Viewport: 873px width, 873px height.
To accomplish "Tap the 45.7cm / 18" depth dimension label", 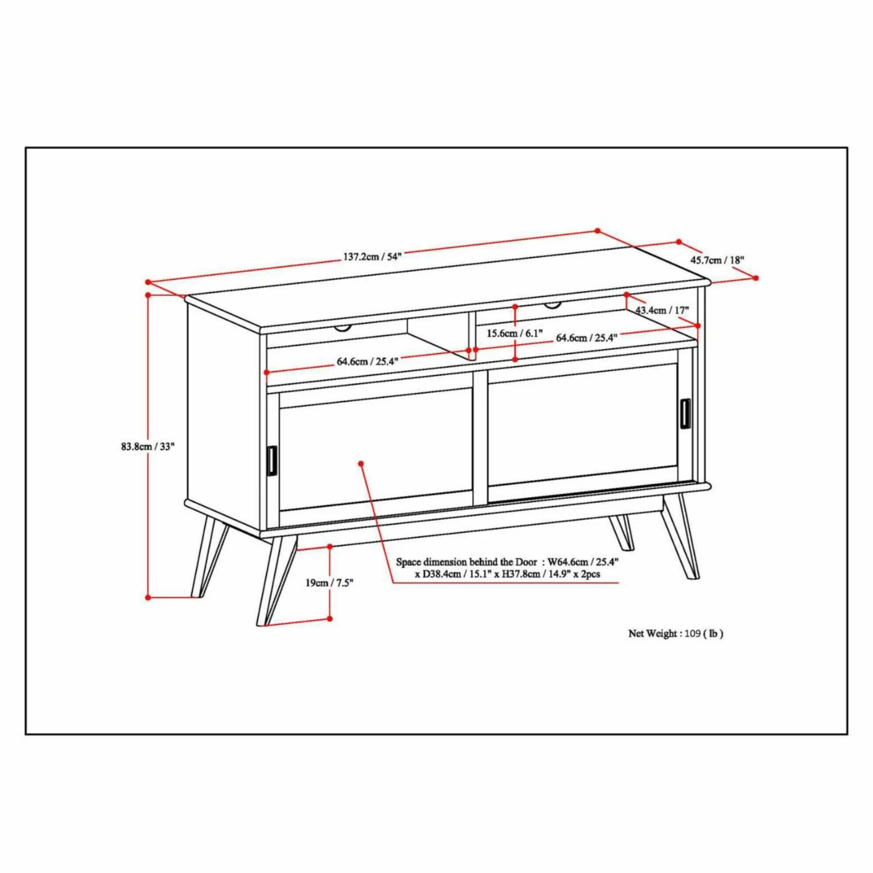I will tap(717, 260).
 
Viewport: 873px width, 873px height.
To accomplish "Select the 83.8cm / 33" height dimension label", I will tap(148, 446).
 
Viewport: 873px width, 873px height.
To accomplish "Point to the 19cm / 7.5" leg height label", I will tap(329, 583).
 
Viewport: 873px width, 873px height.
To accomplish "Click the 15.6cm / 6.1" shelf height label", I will tap(514, 334).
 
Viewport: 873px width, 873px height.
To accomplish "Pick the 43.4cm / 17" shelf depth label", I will tap(662, 310).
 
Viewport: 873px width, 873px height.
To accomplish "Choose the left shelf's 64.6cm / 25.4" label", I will tap(367, 361).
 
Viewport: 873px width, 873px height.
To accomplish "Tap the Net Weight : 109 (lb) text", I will tap(675, 634).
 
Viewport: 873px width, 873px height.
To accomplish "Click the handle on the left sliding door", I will tap(272, 461).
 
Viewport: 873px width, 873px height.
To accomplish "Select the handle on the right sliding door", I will tap(685, 413).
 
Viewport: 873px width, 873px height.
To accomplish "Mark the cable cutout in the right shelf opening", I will tap(552, 306).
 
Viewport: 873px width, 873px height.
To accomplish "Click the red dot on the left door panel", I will tap(361, 463).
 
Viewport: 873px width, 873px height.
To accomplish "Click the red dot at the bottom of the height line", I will tap(148, 597).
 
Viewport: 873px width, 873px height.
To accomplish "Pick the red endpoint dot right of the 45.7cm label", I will tap(756, 278).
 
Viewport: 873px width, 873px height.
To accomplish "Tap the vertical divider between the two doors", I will tap(480, 438).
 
